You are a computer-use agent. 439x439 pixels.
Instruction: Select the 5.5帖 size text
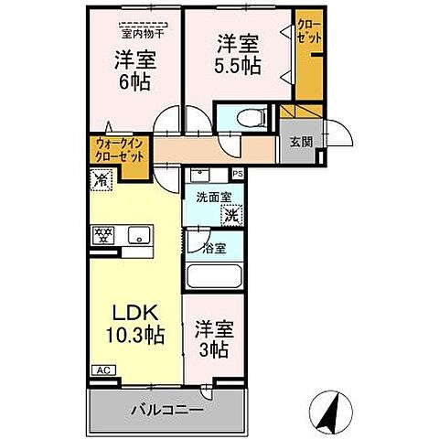point(237,67)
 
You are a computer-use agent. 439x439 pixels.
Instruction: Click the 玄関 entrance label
point(301,142)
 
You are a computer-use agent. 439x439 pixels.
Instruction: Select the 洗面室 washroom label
point(211,194)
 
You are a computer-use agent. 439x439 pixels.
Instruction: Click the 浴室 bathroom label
point(214,248)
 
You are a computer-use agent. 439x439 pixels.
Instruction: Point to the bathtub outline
point(213,276)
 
